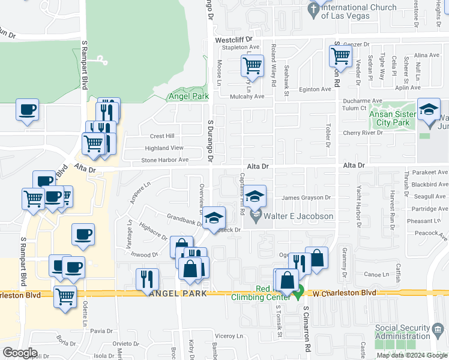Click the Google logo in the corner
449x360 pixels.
pyautogui.click(x=20, y=352)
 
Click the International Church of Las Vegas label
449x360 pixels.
pyautogui.click(x=359, y=11)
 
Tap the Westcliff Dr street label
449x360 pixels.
pyautogui.click(x=237, y=40)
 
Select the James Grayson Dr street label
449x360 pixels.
pyautogui.click(x=306, y=197)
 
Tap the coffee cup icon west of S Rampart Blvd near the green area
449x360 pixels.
pyautogui.click(x=27, y=110)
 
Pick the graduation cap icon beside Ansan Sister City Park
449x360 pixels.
pyautogui.click(x=429, y=110)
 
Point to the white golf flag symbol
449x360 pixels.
pyautogui.click(x=102, y=60)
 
